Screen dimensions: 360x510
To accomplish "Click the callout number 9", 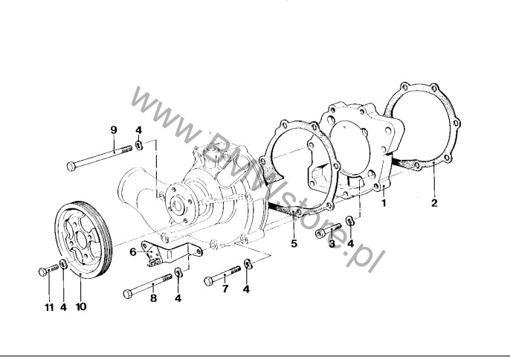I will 114,130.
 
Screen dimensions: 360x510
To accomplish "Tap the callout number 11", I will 48,306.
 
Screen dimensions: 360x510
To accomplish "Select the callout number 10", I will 81,306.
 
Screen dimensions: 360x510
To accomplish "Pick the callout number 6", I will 133,251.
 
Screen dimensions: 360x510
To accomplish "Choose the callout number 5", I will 294,242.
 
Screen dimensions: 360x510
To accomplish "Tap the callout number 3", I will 332,244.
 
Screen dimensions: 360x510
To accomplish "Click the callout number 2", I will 435,202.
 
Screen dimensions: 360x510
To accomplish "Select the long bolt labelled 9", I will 97,158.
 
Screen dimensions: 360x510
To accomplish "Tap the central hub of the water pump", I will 178,202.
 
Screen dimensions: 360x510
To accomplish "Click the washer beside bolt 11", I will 63,266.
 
